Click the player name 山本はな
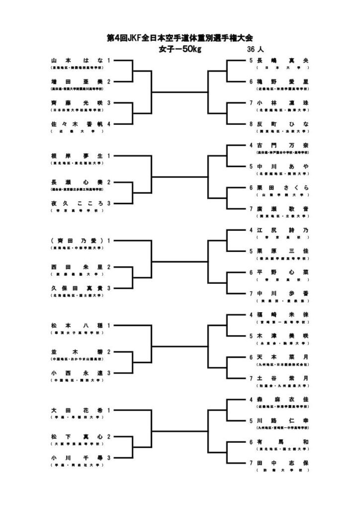(x=77, y=60)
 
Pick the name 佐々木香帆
(x=77, y=124)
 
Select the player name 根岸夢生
(x=77, y=156)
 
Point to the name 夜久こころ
(x=77, y=203)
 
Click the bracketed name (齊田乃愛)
(x=77, y=240)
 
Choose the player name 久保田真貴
(x=77, y=288)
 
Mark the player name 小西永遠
(x=77, y=373)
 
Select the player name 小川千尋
(x=77, y=458)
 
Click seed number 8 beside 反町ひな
(x=252, y=124)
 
